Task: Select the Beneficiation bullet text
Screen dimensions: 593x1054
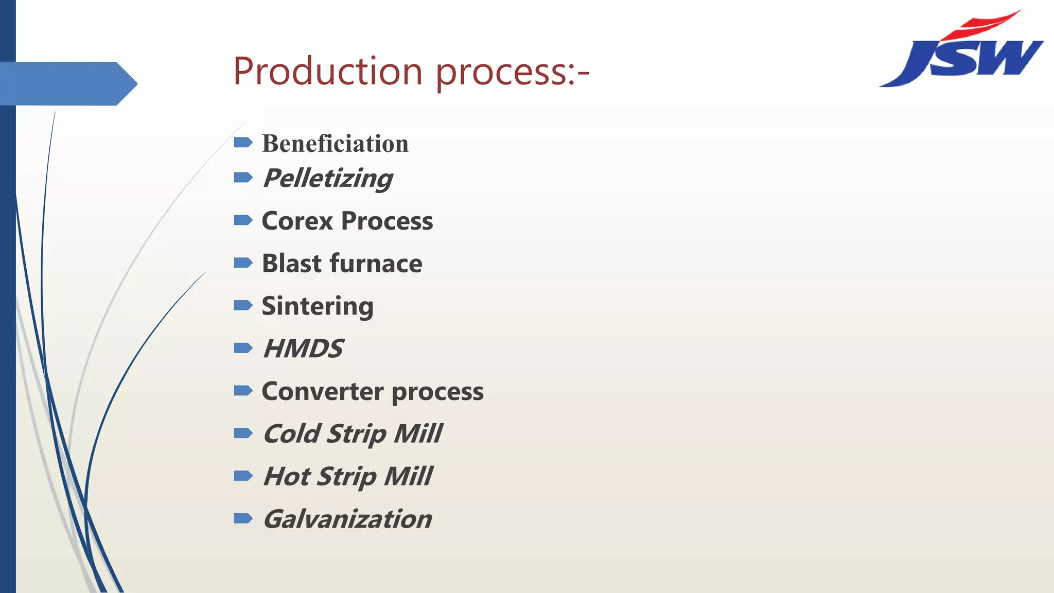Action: pyautogui.click(x=335, y=143)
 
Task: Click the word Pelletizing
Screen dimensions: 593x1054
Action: pyautogui.click(x=327, y=179)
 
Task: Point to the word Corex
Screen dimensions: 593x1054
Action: pyautogui.click(x=297, y=221)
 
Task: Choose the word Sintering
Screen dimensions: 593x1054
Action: pyautogui.click(x=318, y=306)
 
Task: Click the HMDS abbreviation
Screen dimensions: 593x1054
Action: pyautogui.click(x=303, y=348)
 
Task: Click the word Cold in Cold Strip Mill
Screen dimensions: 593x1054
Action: pyautogui.click(x=291, y=433)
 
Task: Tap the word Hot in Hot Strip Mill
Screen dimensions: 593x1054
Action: pyautogui.click(x=286, y=476)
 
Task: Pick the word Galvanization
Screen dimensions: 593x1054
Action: pyautogui.click(x=347, y=519)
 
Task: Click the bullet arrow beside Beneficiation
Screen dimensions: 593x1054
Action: pyautogui.click(x=243, y=142)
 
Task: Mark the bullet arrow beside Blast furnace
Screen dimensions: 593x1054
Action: pyautogui.click(x=243, y=263)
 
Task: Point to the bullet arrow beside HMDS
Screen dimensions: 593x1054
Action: pyautogui.click(x=243, y=348)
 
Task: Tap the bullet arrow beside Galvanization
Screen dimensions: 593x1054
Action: pyautogui.click(x=243, y=518)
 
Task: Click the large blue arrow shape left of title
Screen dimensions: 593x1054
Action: pyautogui.click(x=67, y=83)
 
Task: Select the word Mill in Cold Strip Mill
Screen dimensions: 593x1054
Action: pyautogui.click(x=417, y=433)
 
